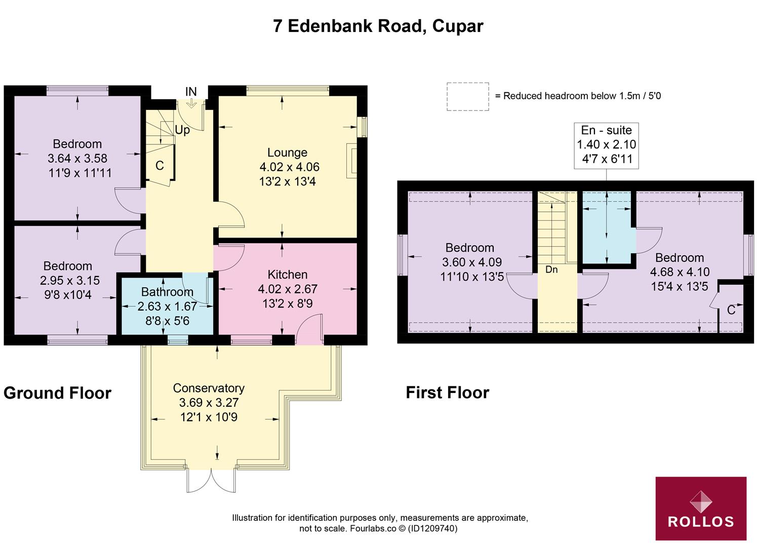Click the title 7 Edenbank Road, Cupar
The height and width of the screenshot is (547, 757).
click(378, 26)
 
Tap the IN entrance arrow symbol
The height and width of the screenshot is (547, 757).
click(191, 103)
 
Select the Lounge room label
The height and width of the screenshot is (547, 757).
click(287, 152)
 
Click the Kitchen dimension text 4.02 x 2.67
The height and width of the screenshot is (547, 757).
click(288, 289)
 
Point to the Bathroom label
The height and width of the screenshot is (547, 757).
click(167, 292)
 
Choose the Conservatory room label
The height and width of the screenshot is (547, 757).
click(209, 388)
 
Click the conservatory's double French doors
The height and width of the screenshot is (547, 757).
click(211, 480)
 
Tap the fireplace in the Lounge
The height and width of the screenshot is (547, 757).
click(351, 161)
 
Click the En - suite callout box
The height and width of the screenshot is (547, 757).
click(606, 145)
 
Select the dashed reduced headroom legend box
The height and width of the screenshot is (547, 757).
click(467, 96)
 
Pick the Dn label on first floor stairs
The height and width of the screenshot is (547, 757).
click(551, 270)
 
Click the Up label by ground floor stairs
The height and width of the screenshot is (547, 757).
click(182, 130)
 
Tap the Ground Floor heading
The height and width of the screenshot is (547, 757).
click(57, 393)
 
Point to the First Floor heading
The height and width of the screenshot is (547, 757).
click(447, 393)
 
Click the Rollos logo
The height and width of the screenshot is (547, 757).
click(700, 508)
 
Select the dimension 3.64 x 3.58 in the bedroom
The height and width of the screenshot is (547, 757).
click(77, 159)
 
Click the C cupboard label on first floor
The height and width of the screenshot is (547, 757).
click(731, 310)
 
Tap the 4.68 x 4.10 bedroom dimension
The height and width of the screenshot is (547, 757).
click(680, 272)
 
